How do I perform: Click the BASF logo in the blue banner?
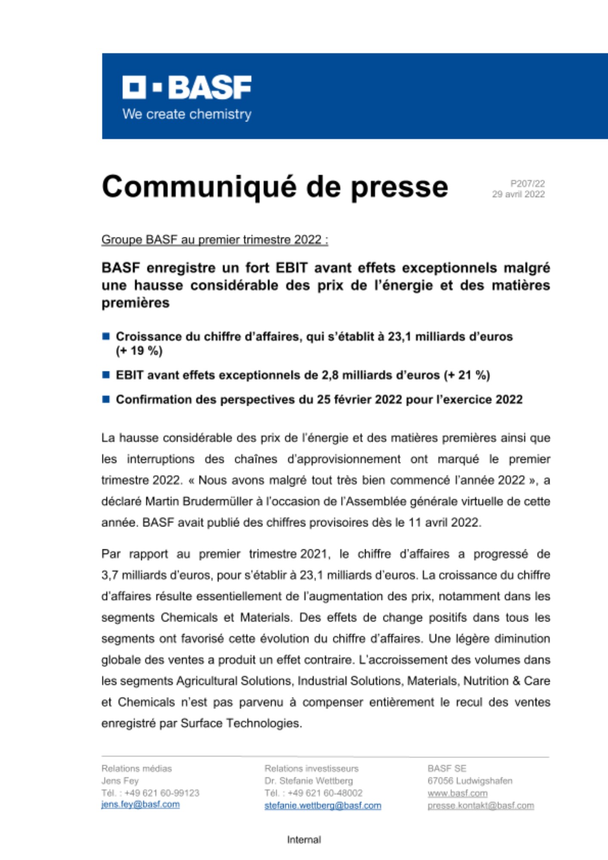point(187,87)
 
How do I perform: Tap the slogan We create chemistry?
point(187,114)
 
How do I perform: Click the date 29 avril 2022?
point(518,194)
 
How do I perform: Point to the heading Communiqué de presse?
point(275,187)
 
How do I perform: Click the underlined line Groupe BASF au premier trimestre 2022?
point(215,240)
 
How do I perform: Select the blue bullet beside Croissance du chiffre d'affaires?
point(106,336)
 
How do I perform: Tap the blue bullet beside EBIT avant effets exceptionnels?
point(106,375)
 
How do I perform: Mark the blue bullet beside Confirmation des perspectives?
point(106,399)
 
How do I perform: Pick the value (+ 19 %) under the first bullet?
point(139,351)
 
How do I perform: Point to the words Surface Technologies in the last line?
point(241,723)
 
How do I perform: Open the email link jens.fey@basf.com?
point(140,805)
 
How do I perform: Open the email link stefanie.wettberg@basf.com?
point(322,805)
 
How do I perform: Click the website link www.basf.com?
point(457,793)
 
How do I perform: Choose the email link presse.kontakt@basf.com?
point(480,805)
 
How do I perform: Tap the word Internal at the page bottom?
point(304,840)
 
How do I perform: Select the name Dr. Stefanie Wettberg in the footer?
point(308,781)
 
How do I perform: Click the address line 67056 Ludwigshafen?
point(470,781)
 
